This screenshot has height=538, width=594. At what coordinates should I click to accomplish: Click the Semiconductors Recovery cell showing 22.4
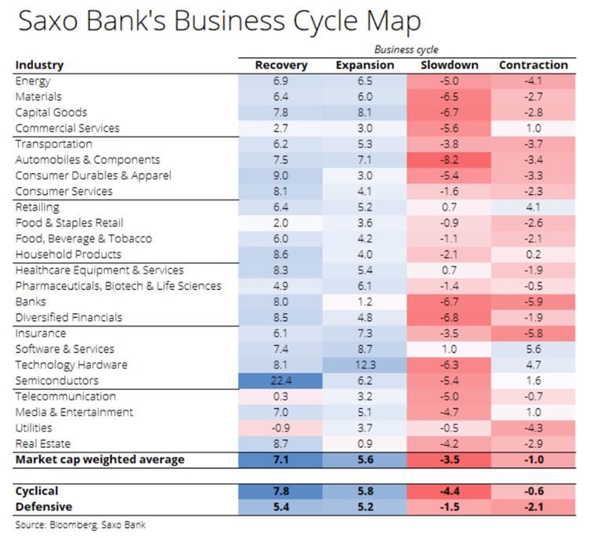tap(281, 381)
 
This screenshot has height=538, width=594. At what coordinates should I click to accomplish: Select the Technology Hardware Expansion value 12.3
tap(364, 365)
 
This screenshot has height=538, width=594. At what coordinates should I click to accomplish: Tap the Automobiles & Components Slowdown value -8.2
tap(449, 160)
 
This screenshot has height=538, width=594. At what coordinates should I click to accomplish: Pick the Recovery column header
tap(281, 65)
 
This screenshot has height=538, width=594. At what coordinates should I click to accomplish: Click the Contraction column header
tap(533, 65)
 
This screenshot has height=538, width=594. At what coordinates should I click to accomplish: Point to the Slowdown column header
tap(449, 65)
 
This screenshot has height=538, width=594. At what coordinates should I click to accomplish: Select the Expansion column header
tap(364, 65)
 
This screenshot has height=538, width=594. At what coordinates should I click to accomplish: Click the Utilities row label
tap(34, 428)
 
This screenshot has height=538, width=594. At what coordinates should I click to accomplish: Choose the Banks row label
tap(31, 301)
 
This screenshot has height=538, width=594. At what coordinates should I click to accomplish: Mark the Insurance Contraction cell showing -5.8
tap(533, 334)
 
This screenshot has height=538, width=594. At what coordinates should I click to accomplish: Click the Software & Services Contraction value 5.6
tap(533, 349)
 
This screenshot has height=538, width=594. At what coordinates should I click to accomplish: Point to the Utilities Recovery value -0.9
tap(281, 428)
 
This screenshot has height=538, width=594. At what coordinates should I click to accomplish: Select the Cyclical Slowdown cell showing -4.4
tap(449, 491)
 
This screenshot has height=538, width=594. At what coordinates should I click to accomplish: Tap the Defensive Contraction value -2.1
tap(533, 507)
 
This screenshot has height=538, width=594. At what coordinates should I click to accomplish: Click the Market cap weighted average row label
tap(100, 460)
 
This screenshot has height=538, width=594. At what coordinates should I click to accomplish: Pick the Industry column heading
tap(39, 65)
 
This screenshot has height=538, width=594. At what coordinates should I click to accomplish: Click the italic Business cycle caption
tap(406, 49)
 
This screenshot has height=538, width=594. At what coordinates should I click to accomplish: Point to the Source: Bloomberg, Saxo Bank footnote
tap(80, 525)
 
